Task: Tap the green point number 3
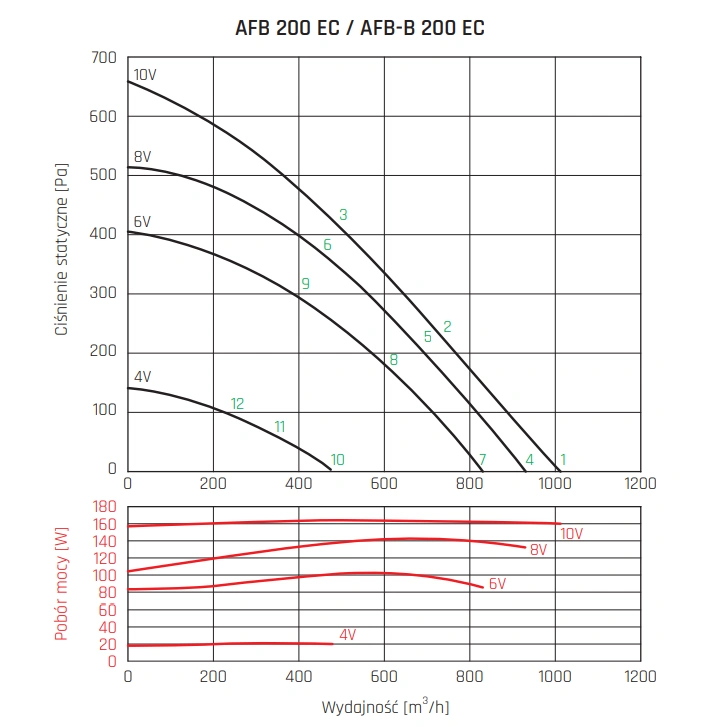[x=343, y=215]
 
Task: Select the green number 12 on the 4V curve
[x=237, y=404]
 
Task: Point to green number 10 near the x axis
[x=338, y=460]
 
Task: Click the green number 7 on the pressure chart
[x=482, y=460]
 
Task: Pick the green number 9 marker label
[x=305, y=284]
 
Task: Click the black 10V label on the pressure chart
[x=145, y=75]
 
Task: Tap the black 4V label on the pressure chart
[x=142, y=377]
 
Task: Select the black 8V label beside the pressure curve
[x=142, y=157]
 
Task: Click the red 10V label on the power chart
[x=571, y=533]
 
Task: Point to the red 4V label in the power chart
[x=348, y=635]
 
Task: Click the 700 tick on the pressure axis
[x=104, y=58]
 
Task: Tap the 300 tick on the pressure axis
[x=104, y=293]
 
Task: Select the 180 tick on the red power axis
[x=104, y=507]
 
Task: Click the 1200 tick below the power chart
[x=640, y=677]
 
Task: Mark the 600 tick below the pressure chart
[x=384, y=484]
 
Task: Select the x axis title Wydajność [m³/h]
[x=384, y=708]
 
